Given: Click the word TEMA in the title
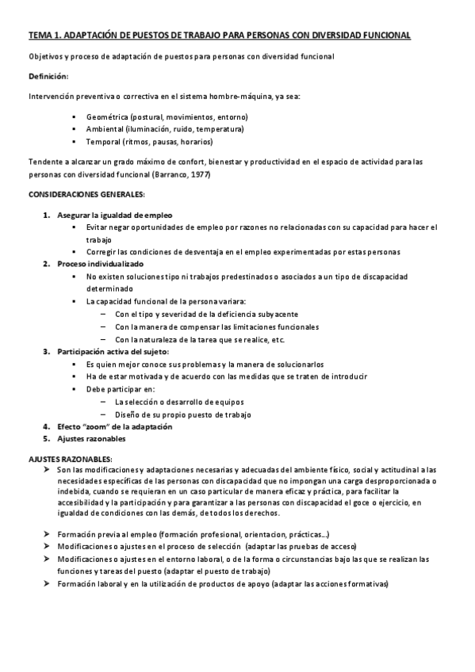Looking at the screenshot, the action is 38,36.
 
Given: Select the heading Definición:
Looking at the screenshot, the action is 48,76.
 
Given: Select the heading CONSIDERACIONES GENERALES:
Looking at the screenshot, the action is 86,194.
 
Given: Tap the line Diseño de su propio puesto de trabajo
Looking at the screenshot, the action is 182,414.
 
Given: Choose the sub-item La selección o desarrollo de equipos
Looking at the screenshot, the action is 178,402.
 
